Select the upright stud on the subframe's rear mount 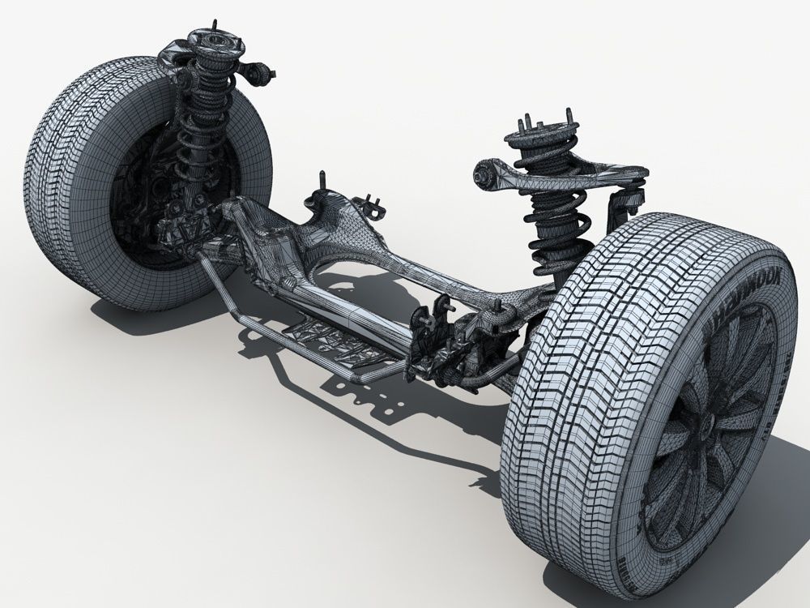pyautogui.click(x=323, y=182)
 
